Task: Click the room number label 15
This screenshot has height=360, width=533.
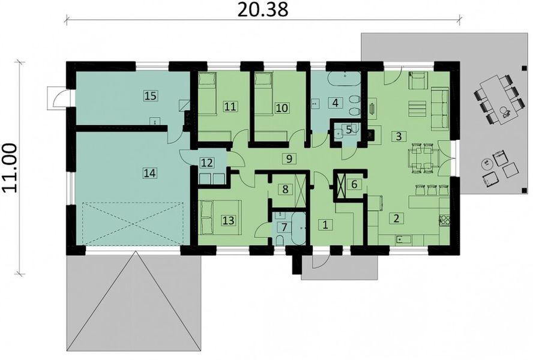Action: point(150,95)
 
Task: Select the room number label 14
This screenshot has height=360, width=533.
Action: point(149,173)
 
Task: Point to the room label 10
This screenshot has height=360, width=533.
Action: point(282,107)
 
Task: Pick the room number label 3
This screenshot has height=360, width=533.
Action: point(398,136)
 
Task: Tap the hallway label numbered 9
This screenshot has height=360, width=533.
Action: point(289,158)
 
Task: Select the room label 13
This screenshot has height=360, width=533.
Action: point(228,220)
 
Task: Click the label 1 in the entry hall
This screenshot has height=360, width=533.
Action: point(325,225)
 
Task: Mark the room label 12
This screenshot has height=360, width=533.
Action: point(206,163)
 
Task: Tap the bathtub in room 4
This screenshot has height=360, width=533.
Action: point(344,79)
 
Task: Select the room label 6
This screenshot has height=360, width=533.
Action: point(354,184)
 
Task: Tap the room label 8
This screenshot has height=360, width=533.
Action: point(285,188)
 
